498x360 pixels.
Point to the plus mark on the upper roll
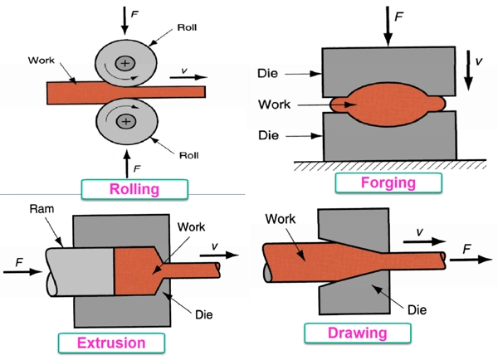[125, 61]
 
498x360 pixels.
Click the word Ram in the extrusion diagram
[41, 210]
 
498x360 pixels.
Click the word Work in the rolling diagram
[41, 61]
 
